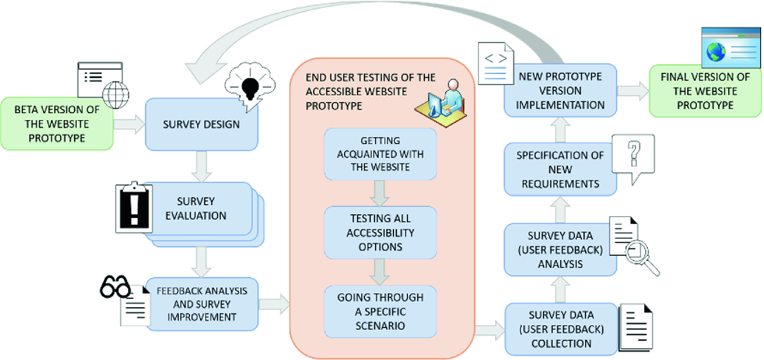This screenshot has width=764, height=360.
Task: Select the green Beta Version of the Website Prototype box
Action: (56, 124)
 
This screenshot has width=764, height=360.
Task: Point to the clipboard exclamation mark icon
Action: (133, 207)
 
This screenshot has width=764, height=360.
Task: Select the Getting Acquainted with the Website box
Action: (380, 154)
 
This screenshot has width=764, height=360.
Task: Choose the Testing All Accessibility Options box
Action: (380, 232)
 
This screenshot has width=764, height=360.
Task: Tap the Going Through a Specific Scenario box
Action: (380, 311)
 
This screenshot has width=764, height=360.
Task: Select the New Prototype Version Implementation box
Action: (559, 90)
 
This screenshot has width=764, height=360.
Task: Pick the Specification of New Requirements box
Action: (559, 169)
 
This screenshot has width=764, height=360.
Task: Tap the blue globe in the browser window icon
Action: (715, 52)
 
